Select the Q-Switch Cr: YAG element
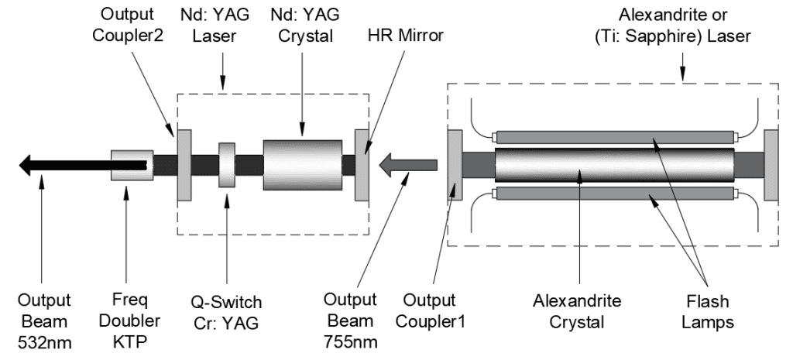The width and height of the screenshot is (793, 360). pos(227,164)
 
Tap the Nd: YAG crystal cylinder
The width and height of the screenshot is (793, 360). pos(302,164)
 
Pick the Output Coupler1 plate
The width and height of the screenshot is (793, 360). pos(455,164)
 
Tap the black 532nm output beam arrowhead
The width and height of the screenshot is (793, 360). pos(29,164)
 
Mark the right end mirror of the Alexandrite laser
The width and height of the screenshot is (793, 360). pos(771,164)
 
